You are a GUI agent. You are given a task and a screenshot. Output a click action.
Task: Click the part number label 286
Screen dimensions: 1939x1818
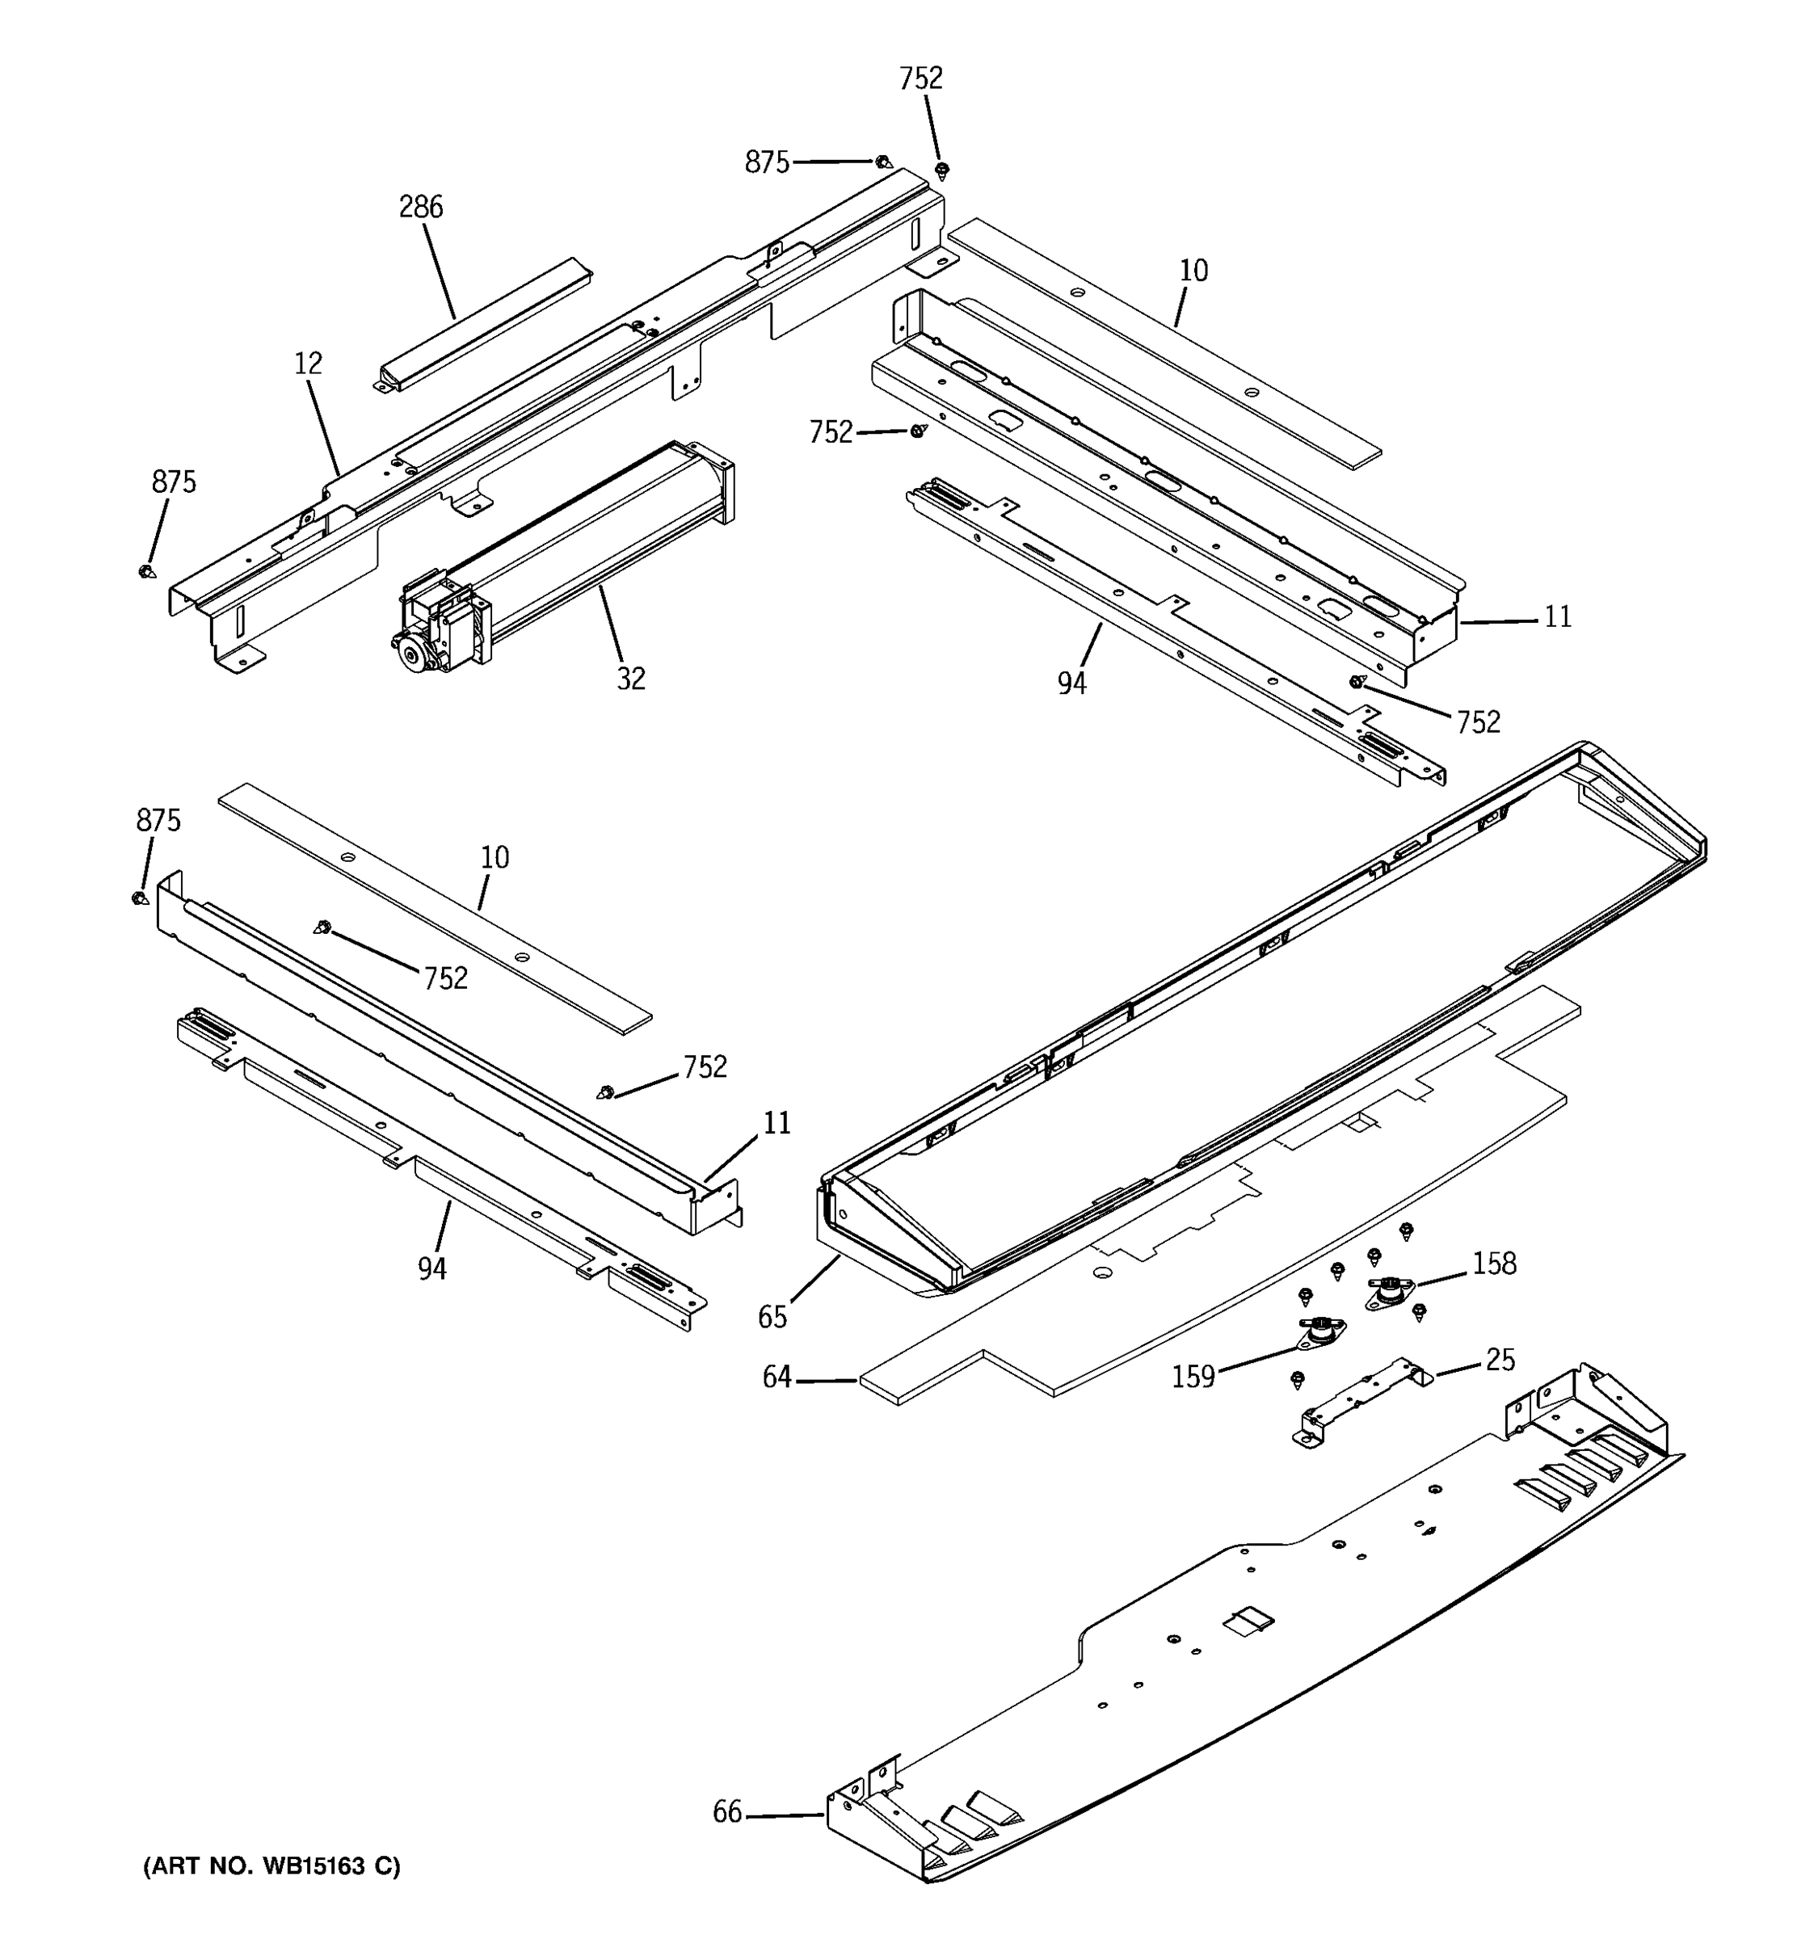click(420, 208)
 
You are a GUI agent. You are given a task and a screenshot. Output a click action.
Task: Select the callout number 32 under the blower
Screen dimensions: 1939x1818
click(631, 679)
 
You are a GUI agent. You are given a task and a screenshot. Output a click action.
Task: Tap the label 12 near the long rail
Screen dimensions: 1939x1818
click(308, 364)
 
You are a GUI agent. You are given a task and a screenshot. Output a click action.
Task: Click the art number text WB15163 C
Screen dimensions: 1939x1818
click(272, 1865)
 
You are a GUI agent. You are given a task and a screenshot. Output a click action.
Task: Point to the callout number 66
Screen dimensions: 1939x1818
click(727, 1812)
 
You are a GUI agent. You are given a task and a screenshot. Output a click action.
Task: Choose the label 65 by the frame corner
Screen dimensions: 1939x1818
click(772, 1318)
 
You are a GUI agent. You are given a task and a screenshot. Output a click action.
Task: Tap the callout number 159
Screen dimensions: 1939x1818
click(1193, 1376)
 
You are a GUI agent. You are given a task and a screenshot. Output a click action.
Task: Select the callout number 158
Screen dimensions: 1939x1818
click(1494, 1264)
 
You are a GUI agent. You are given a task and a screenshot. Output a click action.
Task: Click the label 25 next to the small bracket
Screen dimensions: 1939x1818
click(1500, 1360)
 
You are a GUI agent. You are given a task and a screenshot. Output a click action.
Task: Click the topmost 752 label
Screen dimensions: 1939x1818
click(920, 79)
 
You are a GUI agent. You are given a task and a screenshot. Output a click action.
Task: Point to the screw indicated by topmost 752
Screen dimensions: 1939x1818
click(942, 171)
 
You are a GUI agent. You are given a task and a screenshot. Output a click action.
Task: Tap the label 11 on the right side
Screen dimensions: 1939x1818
click(1558, 617)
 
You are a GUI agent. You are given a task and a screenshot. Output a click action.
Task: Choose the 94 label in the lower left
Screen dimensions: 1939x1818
click(432, 1268)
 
